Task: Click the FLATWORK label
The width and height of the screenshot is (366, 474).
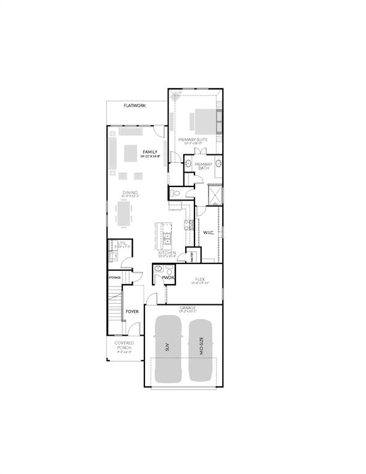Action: click(134, 106)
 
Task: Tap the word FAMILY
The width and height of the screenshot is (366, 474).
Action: click(150, 152)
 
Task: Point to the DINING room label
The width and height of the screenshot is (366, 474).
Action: click(130, 193)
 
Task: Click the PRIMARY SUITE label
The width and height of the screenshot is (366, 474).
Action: click(193, 140)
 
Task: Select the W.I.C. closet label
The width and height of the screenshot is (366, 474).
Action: click(208, 233)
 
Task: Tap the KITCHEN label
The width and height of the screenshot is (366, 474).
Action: click(167, 253)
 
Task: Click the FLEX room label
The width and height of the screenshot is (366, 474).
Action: click(199, 280)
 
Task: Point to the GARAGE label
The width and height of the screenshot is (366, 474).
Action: click(188, 307)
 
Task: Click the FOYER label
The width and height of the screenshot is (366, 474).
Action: click(132, 312)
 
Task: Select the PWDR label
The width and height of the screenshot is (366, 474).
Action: click(168, 278)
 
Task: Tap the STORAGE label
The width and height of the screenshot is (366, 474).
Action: click(115, 278)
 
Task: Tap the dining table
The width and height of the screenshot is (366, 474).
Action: click(123, 214)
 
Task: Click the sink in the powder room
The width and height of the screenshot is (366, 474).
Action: click(158, 268)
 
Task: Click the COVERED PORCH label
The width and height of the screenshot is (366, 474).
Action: click(124, 346)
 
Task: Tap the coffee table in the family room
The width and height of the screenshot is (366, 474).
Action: click(131, 151)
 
